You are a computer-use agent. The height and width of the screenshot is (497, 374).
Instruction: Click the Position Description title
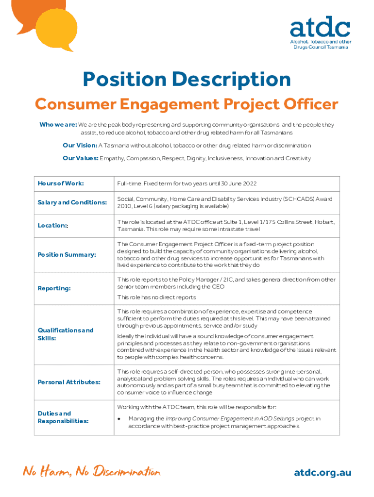click(187, 80)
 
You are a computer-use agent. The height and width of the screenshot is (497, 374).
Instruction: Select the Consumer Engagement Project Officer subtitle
click(187, 104)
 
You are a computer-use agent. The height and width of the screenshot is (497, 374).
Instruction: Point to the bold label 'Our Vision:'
click(80, 146)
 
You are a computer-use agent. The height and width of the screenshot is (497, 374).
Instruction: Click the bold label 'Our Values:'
click(80, 158)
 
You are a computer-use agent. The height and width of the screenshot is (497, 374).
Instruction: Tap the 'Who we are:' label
click(58, 125)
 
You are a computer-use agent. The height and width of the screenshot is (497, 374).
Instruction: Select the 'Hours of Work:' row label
click(61, 183)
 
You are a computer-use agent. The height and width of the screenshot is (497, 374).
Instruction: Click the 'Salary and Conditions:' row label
click(72, 202)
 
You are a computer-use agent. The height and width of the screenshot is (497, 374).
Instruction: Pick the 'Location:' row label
click(53, 226)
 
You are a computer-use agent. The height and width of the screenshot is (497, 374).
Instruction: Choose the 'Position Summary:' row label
click(67, 254)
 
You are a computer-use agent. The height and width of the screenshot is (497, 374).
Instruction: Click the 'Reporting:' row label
click(54, 288)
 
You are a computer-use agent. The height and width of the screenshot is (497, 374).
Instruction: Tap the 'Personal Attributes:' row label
click(69, 382)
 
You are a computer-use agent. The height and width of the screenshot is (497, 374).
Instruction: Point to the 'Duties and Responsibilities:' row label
click(63, 417)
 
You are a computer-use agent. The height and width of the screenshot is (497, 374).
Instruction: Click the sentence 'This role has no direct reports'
click(156, 297)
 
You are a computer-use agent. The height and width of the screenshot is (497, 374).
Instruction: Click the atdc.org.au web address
click(323, 473)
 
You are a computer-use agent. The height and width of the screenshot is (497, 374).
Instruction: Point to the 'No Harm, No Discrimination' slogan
click(91, 472)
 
